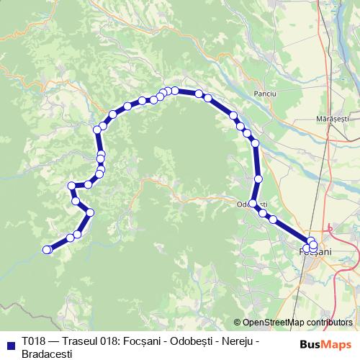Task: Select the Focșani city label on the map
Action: click(x=315, y=251)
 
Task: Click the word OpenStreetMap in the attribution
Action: click(x=274, y=323)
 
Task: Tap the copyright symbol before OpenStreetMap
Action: click(x=238, y=323)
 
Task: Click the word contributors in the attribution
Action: click(x=328, y=323)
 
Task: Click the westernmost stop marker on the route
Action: click(x=48, y=250)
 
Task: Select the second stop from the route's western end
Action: click(x=71, y=238)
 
